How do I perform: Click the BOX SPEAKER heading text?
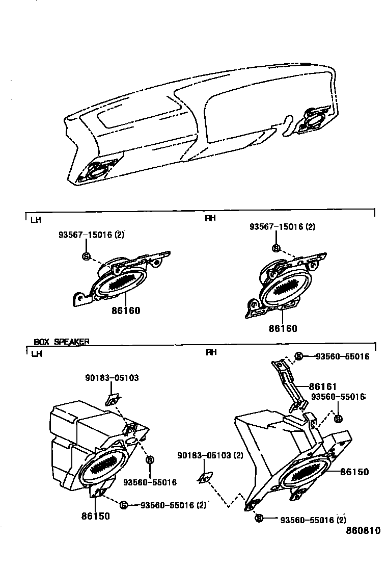(x=61, y=342)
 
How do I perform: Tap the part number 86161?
(x=323, y=387)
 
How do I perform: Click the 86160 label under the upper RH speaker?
(x=283, y=329)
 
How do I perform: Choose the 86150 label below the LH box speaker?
(x=95, y=516)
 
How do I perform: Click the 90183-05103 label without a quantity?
(x=112, y=378)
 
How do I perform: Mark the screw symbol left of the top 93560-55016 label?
(x=299, y=356)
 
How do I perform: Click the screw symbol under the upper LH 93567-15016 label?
(x=86, y=256)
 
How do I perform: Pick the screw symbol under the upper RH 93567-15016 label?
(x=276, y=248)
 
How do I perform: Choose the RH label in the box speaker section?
(x=210, y=352)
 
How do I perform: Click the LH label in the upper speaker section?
(x=36, y=220)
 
